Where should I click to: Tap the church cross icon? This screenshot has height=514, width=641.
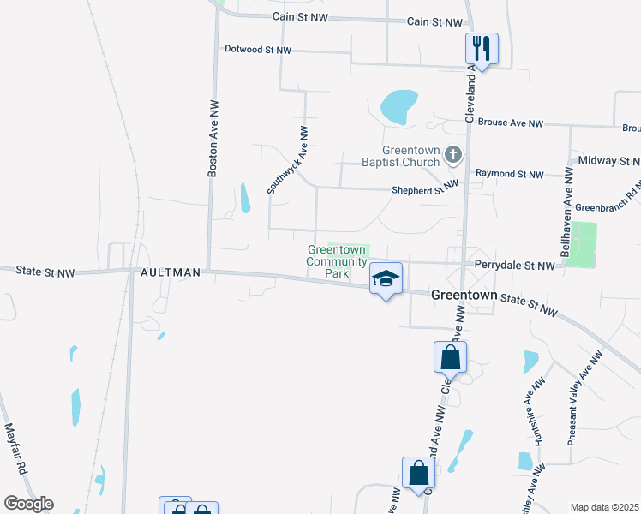454,155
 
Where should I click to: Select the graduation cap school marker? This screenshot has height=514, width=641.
386,279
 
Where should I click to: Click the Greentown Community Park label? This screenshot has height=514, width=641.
337,261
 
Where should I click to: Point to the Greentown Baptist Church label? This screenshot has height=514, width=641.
410,155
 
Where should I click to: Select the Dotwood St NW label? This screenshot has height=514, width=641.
258,51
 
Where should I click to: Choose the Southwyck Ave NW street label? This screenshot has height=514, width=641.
287,160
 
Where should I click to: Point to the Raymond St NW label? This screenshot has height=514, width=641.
509,174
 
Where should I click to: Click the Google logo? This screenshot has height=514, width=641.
28,504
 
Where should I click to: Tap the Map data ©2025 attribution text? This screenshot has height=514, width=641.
604,507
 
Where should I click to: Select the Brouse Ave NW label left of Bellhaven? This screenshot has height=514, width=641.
511,123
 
